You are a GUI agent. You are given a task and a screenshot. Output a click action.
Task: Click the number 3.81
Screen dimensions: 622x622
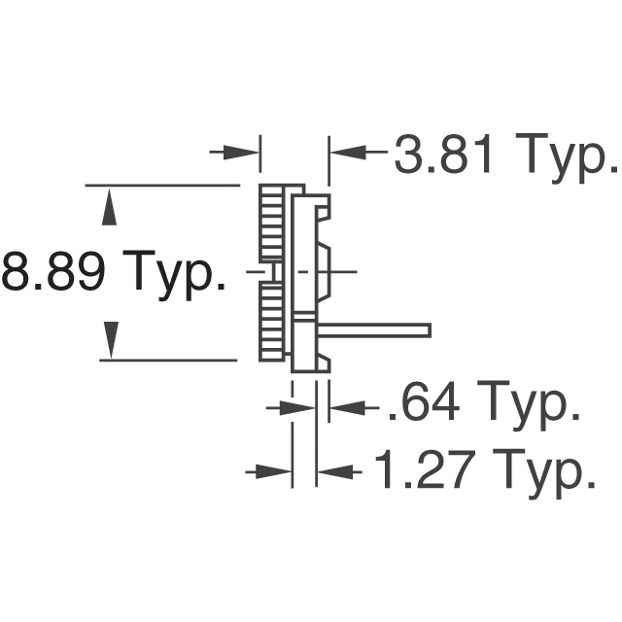444,155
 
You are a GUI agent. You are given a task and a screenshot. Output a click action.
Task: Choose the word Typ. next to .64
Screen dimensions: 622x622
530,409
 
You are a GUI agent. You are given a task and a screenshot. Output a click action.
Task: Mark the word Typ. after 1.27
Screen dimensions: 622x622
545,474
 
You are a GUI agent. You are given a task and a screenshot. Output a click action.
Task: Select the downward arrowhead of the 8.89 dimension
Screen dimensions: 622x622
111,339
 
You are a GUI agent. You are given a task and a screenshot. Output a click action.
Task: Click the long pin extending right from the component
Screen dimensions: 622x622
379,331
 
